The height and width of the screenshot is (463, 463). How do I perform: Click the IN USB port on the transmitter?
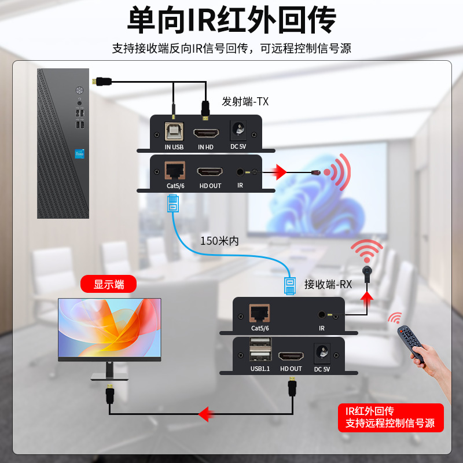click(x=173, y=132)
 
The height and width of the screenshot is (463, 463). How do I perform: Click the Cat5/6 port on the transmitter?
click(x=174, y=171)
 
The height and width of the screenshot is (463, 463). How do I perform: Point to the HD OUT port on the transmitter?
click(x=210, y=172)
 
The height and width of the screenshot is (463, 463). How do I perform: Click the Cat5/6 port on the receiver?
click(x=258, y=313)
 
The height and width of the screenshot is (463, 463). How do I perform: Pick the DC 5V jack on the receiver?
click(x=321, y=352)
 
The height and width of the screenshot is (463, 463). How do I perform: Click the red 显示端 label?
click(x=109, y=284)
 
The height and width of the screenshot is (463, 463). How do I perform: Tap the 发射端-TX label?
click(x=245, y=102)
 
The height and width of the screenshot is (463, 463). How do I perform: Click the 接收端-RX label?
click(x=328, y=284)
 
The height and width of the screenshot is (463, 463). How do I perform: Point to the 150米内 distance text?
click(x=219, y=240)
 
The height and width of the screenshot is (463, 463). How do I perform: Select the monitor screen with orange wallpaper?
click(x=109, y=328)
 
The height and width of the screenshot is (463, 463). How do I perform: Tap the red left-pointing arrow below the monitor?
click(x=204, y=414)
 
